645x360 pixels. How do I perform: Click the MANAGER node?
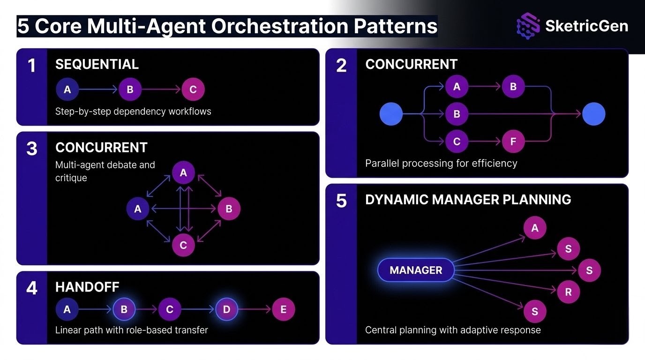click(x=416, y=270)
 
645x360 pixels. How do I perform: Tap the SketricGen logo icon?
click(x=528, y=26)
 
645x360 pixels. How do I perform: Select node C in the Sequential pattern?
click(x=193, y=90)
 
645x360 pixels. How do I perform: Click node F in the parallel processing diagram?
click(x=513, y=142)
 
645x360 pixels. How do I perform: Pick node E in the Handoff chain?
click(x=284, y=309)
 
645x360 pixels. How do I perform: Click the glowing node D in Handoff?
click(x=226, y=309)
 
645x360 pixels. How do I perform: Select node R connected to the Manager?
click(x=569, y=292)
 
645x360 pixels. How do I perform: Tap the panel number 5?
click(x=341, y=201)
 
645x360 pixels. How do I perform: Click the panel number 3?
click(x=31, y=149)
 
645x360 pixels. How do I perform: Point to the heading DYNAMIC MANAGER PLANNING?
click(x=468, y=199)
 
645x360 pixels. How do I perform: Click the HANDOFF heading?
click(x=87, y=287)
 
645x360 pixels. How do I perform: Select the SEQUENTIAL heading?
click(x=97, y=64)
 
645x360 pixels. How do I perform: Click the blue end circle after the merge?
click(x=593, y=114)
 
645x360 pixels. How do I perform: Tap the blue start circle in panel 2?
click(x=391, y=114)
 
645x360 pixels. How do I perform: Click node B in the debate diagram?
click(x=229, y=209)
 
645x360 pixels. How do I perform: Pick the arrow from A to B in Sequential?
click(x=98, y=90)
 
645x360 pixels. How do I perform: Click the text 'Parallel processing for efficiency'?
click(x=441, y=163)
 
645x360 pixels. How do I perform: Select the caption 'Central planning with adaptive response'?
click(x=452, y=330)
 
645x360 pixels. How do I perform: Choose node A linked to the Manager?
click(x=535, y=228)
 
